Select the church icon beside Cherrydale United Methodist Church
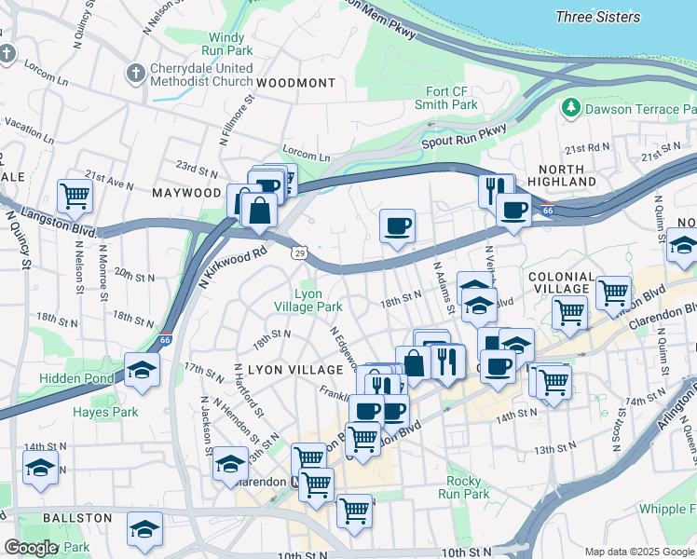(135, 73)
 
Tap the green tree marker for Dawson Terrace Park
(570, 109)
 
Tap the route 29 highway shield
(298, 252)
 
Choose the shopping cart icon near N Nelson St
(75, 196)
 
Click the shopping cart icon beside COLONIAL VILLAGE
(612, 292)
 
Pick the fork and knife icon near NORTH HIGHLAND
(496, 190)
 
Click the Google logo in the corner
(31, 548)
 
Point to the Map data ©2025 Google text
(638, 552)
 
